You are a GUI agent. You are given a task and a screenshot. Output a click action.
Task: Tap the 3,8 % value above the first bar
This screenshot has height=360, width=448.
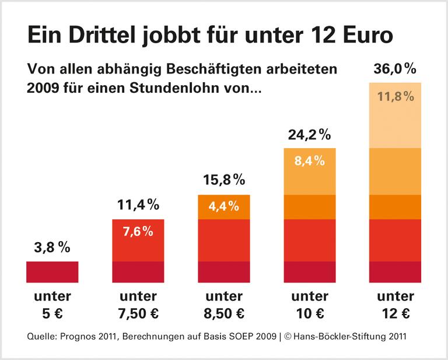tap(52, 247)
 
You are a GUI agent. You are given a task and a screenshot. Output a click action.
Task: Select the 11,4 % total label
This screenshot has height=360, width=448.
tap(138, 205)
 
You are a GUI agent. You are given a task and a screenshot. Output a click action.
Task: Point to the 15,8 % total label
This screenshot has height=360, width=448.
tap(223, 180)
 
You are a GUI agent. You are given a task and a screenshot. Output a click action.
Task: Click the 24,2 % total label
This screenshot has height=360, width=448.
tap(309, 135)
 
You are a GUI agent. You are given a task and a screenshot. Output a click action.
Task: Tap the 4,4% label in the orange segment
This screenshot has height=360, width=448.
tap(223, 206)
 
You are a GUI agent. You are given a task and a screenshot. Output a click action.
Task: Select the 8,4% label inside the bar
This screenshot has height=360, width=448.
tap(309, 160)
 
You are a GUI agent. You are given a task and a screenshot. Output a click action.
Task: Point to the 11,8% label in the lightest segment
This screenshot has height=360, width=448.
tap(395, 96)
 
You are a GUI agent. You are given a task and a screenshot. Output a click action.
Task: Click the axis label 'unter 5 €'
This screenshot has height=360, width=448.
tap(52, 305)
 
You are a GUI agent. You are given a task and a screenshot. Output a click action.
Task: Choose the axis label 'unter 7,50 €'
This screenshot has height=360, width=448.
tap(138, 305)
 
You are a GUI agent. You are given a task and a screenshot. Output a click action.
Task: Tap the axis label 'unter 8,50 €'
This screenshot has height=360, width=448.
tap(223, 305)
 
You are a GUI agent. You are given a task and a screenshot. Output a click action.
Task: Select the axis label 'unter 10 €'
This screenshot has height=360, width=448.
tap(309, 305)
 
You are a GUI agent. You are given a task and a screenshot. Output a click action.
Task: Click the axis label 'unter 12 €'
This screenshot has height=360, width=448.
tap(395, 305)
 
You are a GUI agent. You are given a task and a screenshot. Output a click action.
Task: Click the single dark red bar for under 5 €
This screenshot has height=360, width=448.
tap(52, 272)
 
